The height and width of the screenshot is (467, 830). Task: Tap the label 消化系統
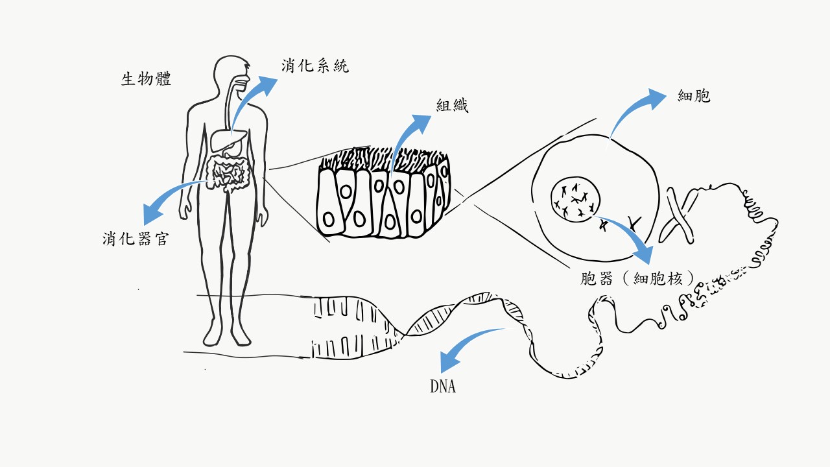[x=315, y=66]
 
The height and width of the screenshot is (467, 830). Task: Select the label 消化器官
[x=136, y=239]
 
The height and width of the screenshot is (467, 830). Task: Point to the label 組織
[x=452, y=106]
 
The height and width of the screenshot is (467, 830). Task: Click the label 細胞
[x=694, y=96]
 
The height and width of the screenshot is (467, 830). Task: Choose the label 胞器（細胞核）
[x=638, y=278]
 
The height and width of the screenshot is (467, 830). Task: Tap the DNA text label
[x=443, y=387]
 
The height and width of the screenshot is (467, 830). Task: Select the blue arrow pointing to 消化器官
[x=170, y=198]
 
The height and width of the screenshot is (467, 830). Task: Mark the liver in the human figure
[x=228, y=140]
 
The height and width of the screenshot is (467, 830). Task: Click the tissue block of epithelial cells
[x=383, y=198]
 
